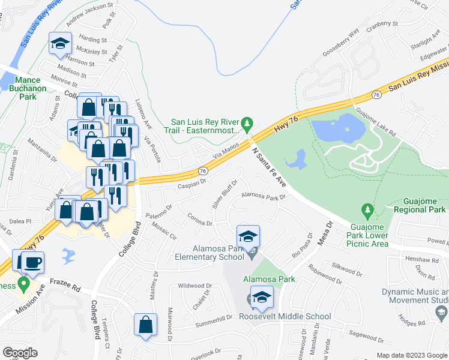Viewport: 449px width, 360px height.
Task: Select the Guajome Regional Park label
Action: pos(411,205)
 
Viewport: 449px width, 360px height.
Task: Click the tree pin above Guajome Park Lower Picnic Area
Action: pos(367,210)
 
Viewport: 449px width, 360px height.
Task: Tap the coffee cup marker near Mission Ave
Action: pos(31,262)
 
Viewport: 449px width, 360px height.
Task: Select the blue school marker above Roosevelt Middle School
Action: pos(262,297)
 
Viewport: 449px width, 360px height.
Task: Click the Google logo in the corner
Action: pos(20,352)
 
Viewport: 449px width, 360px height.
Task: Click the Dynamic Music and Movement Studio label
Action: pos(415,296)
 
